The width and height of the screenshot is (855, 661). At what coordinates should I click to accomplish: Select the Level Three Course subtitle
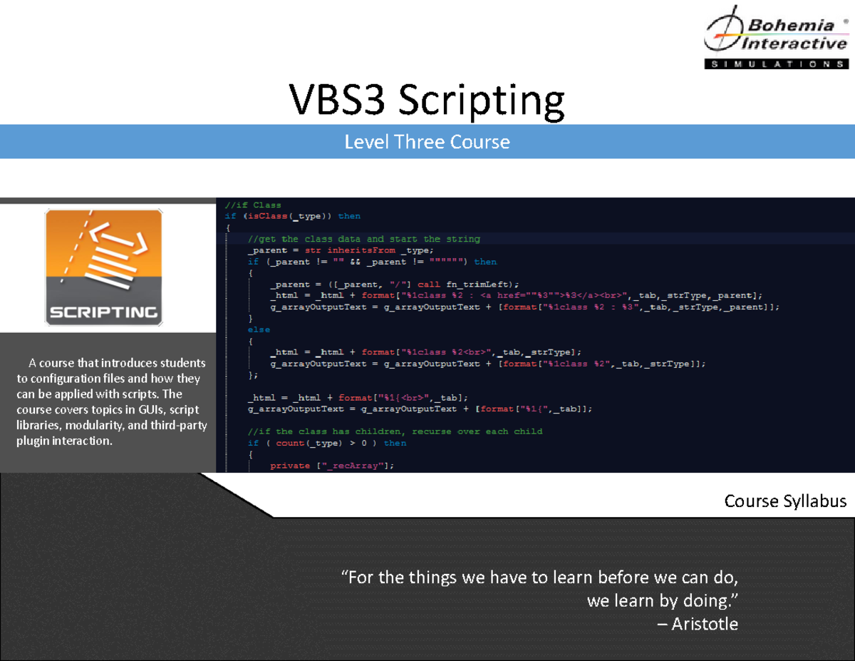point(427,142)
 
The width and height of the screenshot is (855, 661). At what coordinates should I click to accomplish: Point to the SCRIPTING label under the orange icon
point(103,312)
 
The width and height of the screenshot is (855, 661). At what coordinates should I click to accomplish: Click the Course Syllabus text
point(785,501)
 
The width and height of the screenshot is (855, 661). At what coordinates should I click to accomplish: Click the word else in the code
point(259,330)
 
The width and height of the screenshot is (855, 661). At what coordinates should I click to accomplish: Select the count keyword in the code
point(289,444)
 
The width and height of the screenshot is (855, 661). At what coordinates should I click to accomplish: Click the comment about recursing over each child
point(395,432)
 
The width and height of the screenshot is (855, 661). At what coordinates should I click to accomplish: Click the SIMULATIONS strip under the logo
point(776,64)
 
